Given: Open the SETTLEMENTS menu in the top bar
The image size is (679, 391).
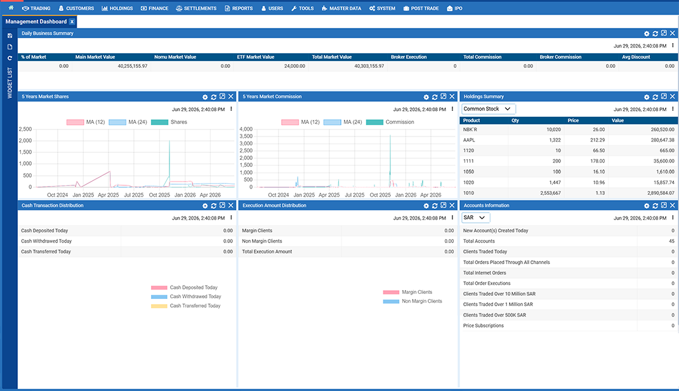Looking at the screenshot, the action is pos(196,8).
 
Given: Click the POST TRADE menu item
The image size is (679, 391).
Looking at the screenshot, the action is pos(421,8).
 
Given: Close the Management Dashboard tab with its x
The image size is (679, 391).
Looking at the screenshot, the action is pos(72,22).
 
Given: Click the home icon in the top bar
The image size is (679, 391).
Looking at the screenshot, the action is pos(11,8).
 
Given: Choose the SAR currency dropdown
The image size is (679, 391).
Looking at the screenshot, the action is pos(475,217).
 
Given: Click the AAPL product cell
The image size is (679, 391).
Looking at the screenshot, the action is pos(469,140).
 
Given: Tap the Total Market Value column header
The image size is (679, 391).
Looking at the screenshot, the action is pos(332,56).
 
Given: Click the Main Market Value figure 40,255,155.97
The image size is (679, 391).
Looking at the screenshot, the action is pos(133,66).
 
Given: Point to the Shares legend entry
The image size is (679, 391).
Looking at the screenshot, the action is pos(169,122).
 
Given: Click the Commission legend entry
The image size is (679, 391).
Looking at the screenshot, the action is pos(390,122).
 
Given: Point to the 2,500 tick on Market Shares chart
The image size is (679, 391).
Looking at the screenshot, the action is pos(25,129).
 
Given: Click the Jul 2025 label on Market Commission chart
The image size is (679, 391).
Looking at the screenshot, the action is pos(355,195).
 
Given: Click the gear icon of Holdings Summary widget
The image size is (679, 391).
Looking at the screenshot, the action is pos(647,97).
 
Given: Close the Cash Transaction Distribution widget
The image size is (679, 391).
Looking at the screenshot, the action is pos(231,205).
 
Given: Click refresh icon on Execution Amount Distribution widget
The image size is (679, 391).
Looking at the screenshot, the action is pos(435,206).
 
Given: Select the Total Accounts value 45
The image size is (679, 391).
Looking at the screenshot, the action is pos(671,241).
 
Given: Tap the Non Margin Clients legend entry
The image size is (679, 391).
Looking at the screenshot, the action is pos(412,302).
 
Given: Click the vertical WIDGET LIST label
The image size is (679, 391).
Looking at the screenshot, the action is pos(10,83).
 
